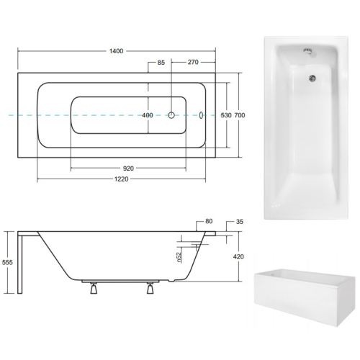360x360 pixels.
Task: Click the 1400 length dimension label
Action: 116,51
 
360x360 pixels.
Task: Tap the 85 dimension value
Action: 161,63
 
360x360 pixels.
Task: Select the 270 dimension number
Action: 193,62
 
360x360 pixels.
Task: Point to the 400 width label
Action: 148,115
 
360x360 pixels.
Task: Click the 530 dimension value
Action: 226,115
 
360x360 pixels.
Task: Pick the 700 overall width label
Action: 240,115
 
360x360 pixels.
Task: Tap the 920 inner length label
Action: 128,168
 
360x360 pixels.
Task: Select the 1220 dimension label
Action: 121,179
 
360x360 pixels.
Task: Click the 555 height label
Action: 7,262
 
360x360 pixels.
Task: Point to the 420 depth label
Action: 238,256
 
